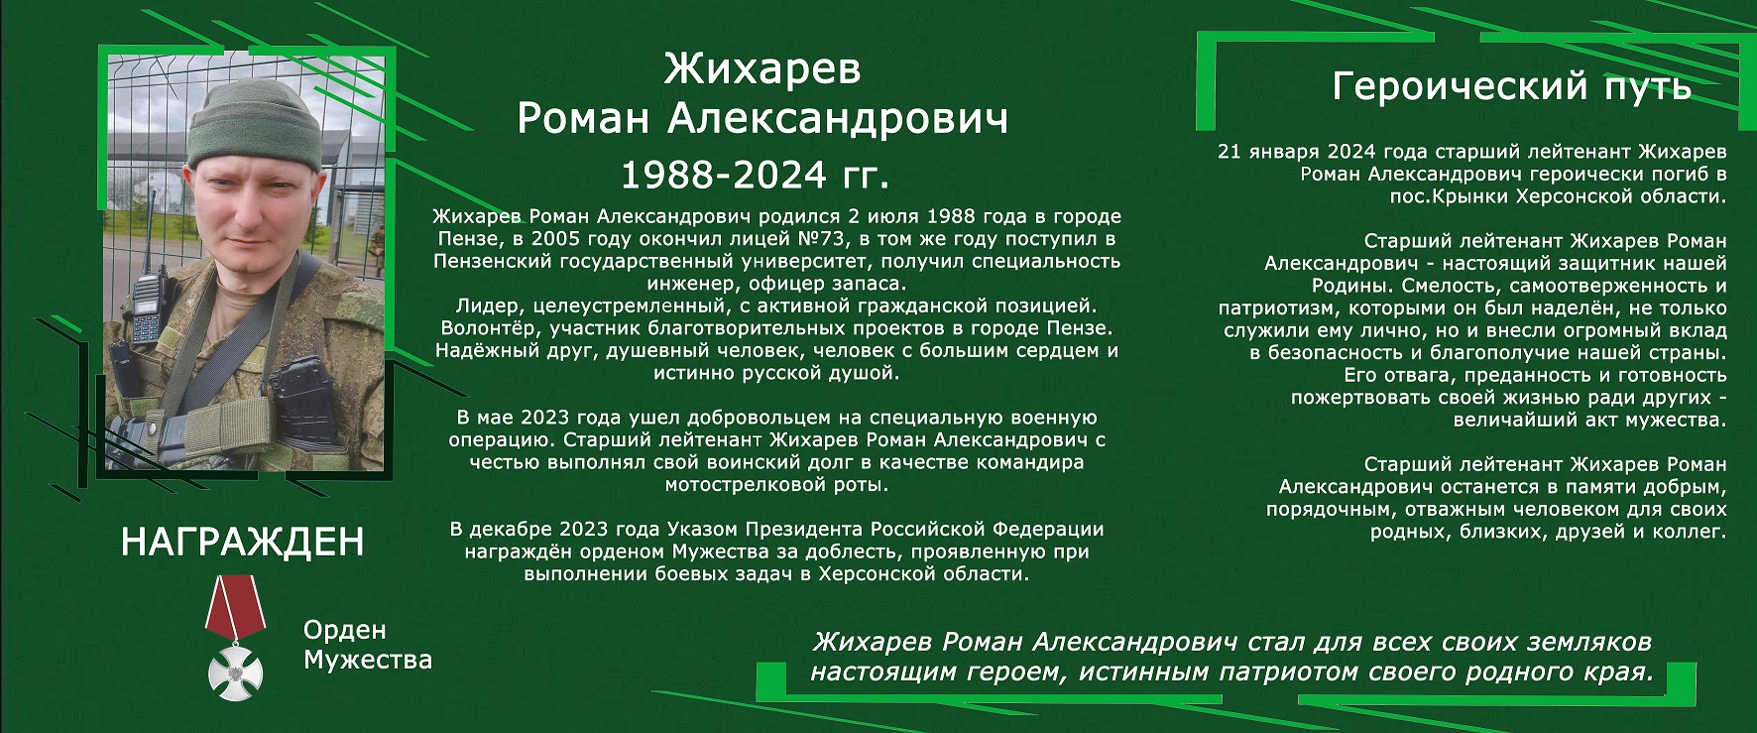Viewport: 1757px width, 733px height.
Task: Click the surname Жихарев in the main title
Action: click(762, 69)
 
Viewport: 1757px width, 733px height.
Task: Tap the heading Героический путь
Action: click(1511, 86)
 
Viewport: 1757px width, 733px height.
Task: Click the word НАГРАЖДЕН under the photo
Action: click(243, 542)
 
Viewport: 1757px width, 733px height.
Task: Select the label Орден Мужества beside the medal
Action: click(368, 645)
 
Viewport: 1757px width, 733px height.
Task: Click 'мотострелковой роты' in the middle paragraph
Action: click(776, 485)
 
